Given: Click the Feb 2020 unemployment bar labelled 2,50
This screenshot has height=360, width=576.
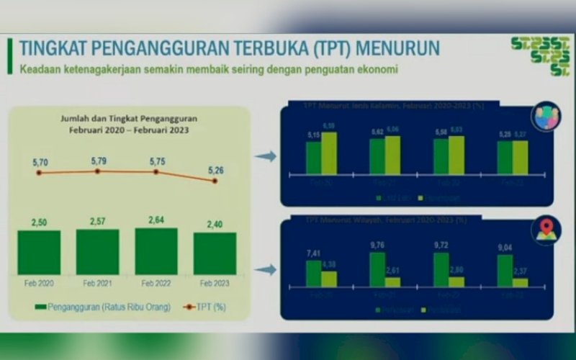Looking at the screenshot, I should click(x=39, y=253).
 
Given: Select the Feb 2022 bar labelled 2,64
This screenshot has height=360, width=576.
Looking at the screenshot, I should click(x=156, y=251).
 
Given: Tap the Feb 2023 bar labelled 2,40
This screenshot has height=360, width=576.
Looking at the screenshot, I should click(x=215, y=253).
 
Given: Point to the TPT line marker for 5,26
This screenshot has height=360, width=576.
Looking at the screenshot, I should click(x=215, y=181).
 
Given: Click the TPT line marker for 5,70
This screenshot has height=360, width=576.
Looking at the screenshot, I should click(x=39, y=173).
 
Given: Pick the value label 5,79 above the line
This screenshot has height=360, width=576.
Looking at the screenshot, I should click(x=98, y=160).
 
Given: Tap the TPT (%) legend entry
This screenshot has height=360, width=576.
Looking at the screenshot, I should click(x=205, y=307).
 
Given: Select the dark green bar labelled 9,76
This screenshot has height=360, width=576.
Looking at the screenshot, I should click(x=377, y=269).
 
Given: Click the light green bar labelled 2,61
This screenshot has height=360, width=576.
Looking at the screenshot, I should click(x=392, y=282).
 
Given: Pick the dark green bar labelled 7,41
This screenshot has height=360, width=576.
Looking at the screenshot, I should click(x=313, y=274).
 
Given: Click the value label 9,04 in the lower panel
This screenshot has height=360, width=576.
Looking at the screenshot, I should click(x=505, y=248).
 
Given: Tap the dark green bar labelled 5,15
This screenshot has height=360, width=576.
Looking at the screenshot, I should click(x=313, y=157).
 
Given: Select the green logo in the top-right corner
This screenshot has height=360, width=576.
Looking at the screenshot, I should click(x=549, y=54).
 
